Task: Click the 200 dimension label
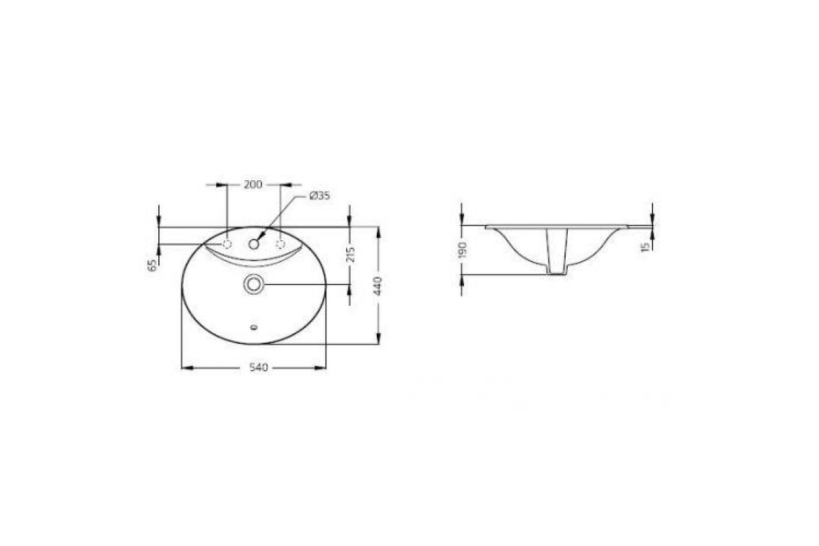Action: tap(253, 184)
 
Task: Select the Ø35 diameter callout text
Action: tap(319, 196)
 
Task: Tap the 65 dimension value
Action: tap(153, 265)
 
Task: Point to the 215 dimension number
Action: tap(350, 255)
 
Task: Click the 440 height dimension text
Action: tap(378, 285)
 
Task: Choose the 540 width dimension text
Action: tap(259, 367)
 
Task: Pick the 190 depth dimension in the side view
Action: tap(462, 250)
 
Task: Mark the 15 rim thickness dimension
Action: tap(645, 247)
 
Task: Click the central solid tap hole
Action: tap(254, 244)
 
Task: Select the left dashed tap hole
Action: tap(227, 244)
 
